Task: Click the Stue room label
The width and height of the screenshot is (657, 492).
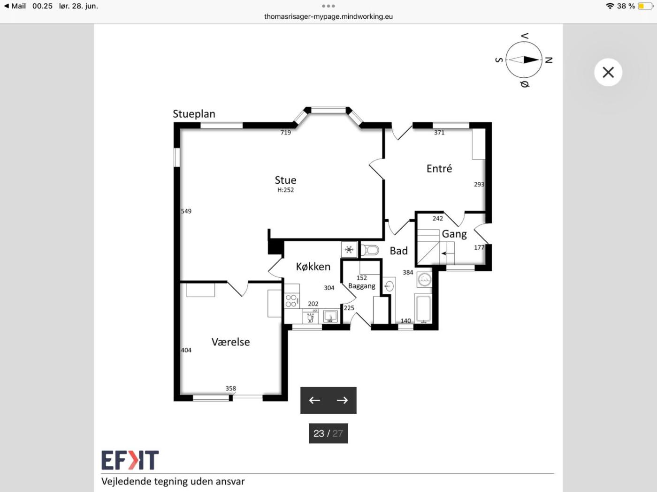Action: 285,180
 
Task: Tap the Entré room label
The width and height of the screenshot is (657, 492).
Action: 439,169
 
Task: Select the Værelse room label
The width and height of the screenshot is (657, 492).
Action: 230,342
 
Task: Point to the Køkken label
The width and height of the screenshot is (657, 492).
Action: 313,267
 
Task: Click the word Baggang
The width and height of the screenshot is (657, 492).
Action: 361,286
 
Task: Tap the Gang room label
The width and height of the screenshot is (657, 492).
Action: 454,234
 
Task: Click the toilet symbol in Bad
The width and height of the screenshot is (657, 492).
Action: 370,250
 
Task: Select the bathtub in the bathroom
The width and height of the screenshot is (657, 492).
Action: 423,309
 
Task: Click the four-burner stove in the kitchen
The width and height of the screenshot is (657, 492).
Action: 291,300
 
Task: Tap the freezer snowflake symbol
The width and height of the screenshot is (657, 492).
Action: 349,249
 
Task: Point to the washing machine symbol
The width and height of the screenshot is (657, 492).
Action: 424,280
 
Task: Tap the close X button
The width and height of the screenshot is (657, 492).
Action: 608,72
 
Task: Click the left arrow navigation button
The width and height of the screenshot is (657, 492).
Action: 314,400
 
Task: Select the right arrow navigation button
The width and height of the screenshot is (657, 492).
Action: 342,400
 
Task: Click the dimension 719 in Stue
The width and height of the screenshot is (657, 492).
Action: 285,132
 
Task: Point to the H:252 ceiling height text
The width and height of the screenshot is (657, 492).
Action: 285,190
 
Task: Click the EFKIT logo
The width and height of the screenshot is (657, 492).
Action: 130,460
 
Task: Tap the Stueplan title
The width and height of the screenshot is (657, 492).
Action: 194,114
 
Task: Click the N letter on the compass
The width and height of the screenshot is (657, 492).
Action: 549,60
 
